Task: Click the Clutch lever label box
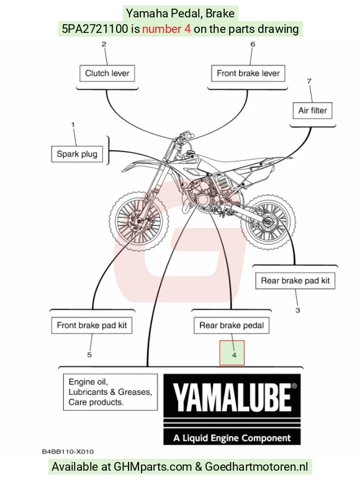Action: (x=107, y=73)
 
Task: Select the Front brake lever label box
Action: (x=248, y=73)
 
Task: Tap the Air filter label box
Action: (x=312, y=111)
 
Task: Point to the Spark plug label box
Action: (x=77, y=153)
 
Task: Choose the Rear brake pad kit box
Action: (x=295, y=281)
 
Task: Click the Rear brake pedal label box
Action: (x=232, y=325)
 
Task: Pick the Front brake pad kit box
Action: (x=92, y=325)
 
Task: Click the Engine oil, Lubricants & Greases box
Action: (x=110, y=392)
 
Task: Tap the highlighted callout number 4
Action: (x=234, y=355)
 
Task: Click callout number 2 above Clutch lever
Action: (x=104, y=44)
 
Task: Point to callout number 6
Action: (x=253, y=44)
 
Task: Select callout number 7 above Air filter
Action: (x=309, y=81)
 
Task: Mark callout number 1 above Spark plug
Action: (x=73, y=125)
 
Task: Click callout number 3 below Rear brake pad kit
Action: (x=297, y=310)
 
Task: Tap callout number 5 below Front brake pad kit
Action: (x=89, y=355)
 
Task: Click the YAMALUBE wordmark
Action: (x=232, y=397)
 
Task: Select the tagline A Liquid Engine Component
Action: (x=232, y=438)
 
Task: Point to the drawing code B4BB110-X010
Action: (x=68, y=451)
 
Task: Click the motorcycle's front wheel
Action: (x=139, y=220)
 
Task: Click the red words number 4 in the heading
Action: (x=166, y=29)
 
